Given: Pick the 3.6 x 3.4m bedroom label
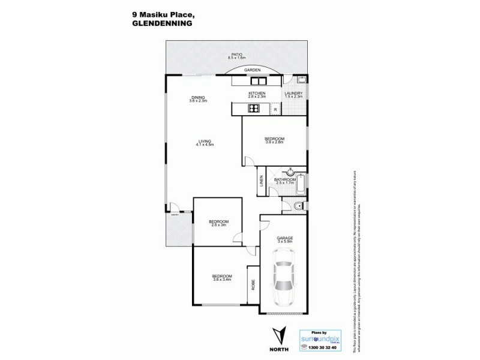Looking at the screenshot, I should pos(221,277).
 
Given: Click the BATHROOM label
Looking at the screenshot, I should pos(285,180).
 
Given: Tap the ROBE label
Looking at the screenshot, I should pos(252,294).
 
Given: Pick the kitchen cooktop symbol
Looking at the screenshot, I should pos(254,109).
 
